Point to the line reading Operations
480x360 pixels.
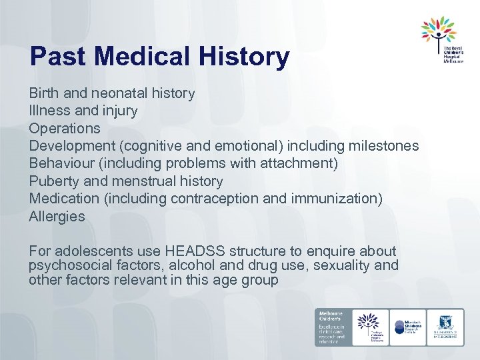65,128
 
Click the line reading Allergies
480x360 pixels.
57,216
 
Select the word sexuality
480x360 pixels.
341,266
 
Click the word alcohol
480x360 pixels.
189,266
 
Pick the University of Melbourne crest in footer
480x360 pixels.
446,327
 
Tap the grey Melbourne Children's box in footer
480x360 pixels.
332,327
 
